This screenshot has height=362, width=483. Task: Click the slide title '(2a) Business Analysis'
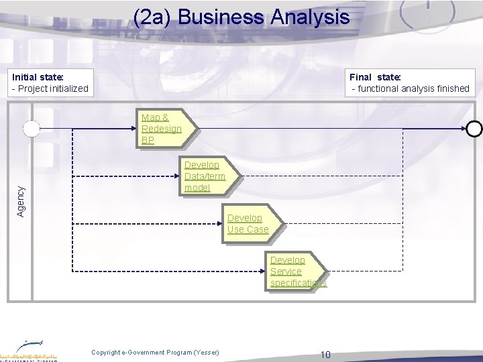coord(241,17)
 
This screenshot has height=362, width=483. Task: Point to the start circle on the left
coord(31,128)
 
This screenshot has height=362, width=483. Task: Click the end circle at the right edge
coord(474,128)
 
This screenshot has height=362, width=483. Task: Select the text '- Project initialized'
coord(50,88)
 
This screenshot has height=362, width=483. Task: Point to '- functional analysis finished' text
coord(411,88)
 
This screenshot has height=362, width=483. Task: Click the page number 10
coord(325,354)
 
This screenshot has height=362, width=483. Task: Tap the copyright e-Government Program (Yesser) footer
coord(155,353)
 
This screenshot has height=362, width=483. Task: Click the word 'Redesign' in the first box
coord(162,129)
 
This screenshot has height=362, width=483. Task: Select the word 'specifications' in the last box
coord(299,283)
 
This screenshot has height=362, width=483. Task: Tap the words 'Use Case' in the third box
coord(248,229)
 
